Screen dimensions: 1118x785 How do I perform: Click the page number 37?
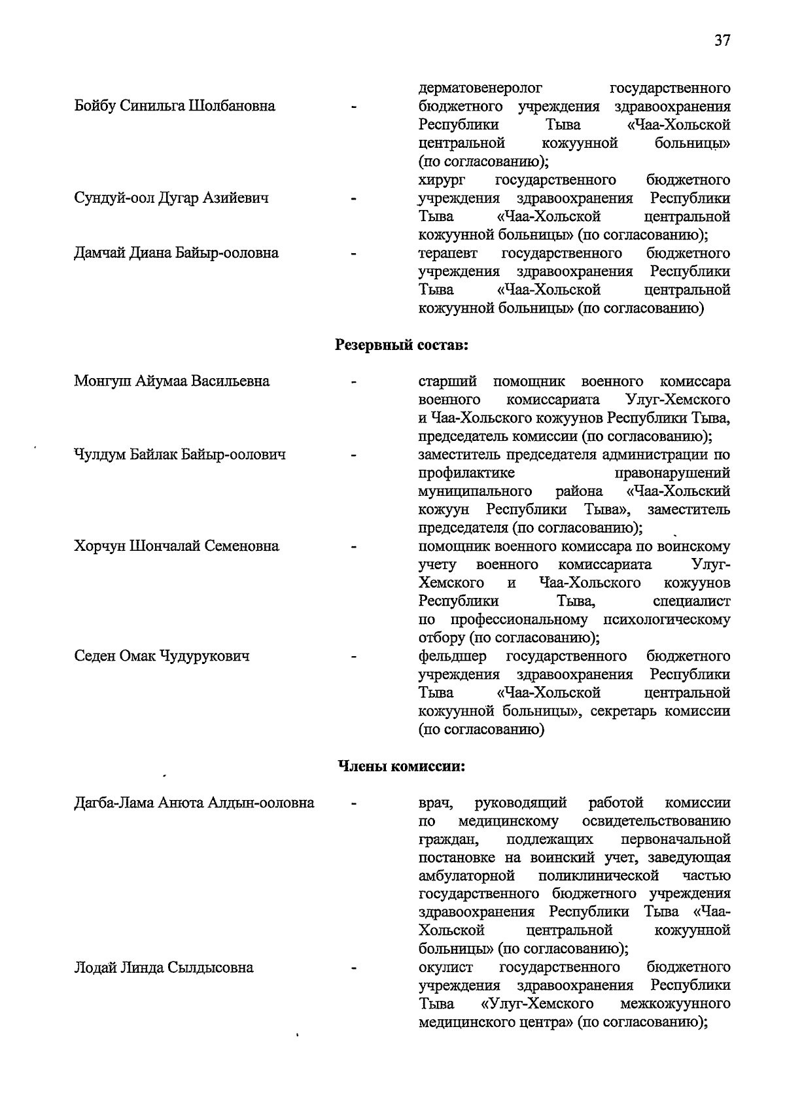[722, 41]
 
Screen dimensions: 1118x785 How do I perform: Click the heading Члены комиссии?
[401, 766]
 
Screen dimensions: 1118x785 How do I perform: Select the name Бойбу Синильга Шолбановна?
[175, 106]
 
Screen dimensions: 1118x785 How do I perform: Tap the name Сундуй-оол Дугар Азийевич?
[171, 198]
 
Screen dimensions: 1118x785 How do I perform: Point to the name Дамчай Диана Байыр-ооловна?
[177, 253]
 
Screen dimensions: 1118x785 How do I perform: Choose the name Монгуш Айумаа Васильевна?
[172, 381]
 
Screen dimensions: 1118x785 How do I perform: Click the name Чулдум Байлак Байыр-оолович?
[180, 455]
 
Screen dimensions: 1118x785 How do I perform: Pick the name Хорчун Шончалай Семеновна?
[177, 546]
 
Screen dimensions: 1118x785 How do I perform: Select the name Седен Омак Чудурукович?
[162, 656]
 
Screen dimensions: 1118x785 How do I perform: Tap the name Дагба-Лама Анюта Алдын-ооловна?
[194, 803]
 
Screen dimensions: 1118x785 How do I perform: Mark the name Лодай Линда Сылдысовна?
[164, 968]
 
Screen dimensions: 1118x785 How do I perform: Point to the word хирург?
[442, 180]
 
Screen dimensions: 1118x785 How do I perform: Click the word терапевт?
[448, 253]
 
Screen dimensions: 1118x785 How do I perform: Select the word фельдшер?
[452, 656]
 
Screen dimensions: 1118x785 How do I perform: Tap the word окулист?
[445, 968]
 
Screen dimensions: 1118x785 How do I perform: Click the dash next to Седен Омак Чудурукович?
[353, 656]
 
